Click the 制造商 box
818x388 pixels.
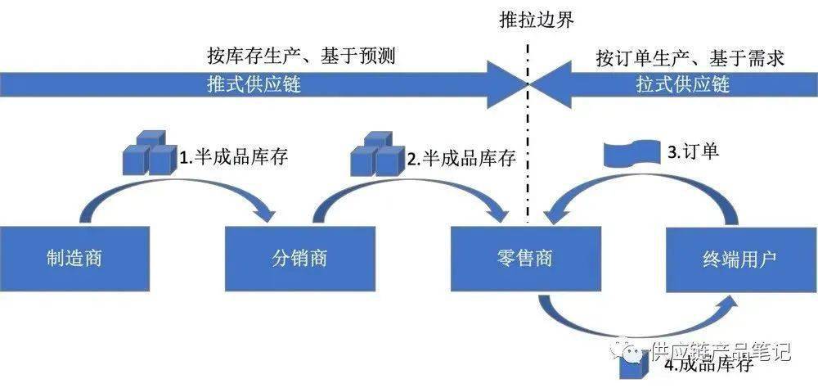point(74,259)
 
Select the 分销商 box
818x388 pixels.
point(299,259)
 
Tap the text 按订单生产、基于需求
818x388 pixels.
point(690,57)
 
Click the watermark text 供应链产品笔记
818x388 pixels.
point(720,352)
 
